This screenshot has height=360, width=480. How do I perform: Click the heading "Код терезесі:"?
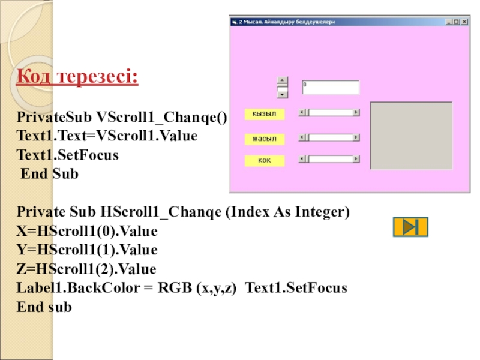click(77, 76)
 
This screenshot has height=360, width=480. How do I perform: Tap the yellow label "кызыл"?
click(265, 114)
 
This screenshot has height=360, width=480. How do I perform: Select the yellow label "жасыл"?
click(265, 139)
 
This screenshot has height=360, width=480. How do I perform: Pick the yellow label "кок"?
click(265, 160)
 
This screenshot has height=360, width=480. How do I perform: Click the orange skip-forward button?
click(410, 227)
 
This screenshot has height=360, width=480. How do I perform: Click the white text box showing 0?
click(331, 87)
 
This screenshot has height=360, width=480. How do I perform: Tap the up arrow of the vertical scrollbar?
click(282, 80)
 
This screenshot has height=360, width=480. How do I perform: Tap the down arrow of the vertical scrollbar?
click(282, 95)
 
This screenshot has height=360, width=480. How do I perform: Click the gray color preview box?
click(411, 136)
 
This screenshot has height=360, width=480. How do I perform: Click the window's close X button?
click(464, 22)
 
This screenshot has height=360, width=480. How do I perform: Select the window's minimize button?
click(449, 22)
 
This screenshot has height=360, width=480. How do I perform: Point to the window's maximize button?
click(457, 22)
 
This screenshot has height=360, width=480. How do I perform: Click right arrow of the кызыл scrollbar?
click(356, 112)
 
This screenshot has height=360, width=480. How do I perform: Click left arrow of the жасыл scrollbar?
click(302, 137)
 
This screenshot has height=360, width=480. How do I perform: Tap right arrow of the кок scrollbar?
click(356, 159)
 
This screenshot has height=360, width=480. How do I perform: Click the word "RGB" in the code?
click(175, 288)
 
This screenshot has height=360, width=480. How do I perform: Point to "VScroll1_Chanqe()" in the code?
click(161, 117)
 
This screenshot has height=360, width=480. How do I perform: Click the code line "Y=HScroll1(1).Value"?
click(87, 250)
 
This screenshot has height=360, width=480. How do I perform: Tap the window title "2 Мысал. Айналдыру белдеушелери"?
click(287, 22)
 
